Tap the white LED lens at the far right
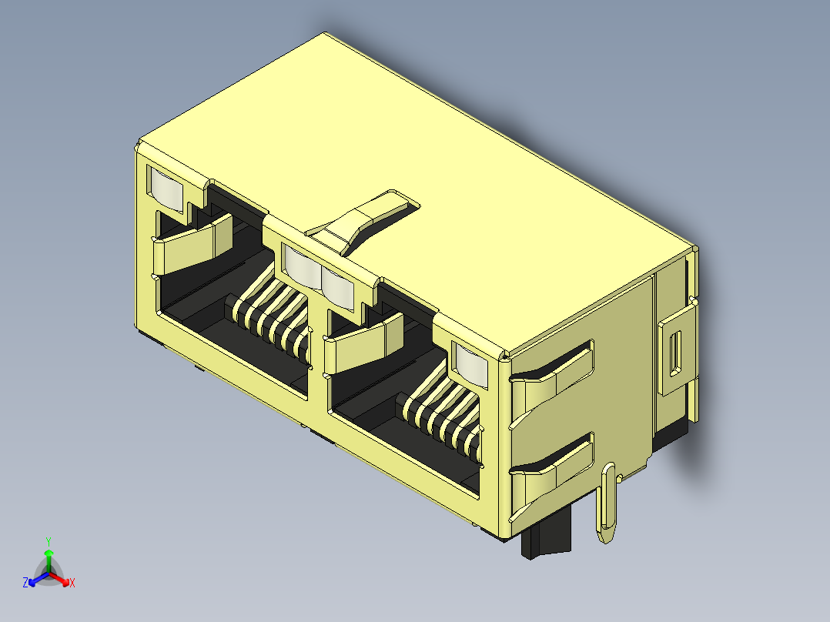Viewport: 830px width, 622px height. [x=470, y=363]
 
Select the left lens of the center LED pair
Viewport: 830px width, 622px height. [x=301, y=266]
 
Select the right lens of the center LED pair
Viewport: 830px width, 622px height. [x=337, y=286]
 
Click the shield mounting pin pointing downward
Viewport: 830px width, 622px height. [x=608, y=504]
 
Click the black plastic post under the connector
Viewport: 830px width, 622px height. [x=548, y=539]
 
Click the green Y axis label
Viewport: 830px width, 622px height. [x=48, y=540]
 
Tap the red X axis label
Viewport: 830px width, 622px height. [x=72, y=583]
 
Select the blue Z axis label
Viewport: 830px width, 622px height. [x=25, y=583]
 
